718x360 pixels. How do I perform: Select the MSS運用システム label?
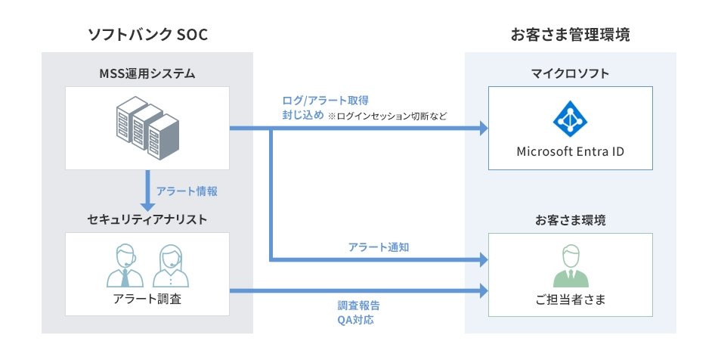[147, 73]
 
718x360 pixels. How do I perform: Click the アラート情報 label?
[187, 191]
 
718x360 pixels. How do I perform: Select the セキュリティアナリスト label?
[147, 219]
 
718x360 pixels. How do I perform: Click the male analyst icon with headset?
[125, 265]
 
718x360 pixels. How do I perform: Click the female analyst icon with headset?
[171, 265]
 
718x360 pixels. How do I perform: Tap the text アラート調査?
[147, 299]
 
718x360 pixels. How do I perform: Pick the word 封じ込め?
[302, 116]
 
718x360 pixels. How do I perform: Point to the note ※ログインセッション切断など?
[387, 116]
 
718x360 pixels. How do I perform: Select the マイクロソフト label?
[571, 73]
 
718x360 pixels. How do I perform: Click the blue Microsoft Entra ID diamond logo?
[571, 117]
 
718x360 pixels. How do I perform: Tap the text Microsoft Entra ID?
[571, 151]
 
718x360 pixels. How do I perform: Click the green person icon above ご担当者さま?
[571, 266]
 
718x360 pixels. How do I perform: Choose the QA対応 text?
[355, 320]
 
